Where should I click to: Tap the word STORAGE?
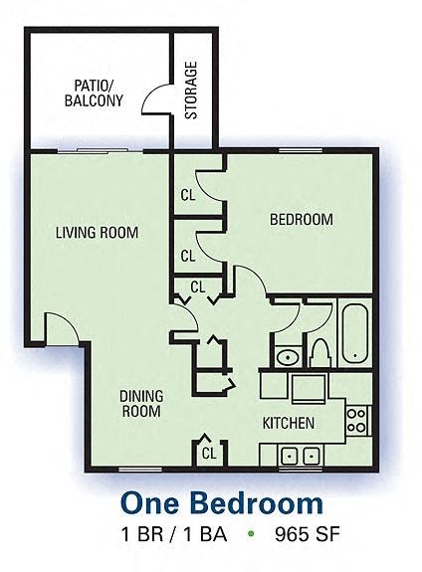click(x=190, y=92)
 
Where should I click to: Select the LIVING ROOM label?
click(x=97, y=233)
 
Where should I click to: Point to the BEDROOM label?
click(x=302, y=220)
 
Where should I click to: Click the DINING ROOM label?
click(x=141, y=403)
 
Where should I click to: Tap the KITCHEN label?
click(x=288, y=423)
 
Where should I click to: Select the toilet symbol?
click(x=320, y=352)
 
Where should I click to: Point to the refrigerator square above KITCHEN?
click(x=310, y=387)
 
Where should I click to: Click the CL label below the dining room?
click(x=209, y=453)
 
